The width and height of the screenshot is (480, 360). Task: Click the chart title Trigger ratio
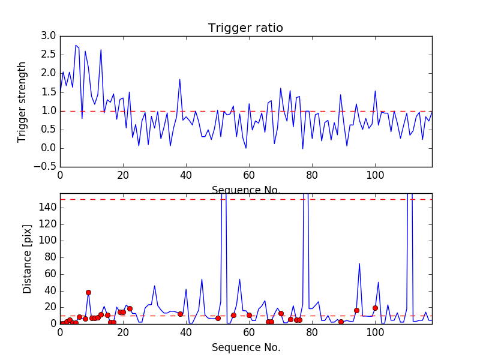coord(245,28)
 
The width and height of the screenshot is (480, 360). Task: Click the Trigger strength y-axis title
coord(22,101)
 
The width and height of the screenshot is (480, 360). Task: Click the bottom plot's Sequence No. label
coord(246,347)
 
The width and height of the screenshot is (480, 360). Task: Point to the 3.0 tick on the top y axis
coord(49,36)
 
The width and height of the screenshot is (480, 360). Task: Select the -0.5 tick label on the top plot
coord(46,167)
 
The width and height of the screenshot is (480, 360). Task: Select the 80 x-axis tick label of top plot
coord(312,175)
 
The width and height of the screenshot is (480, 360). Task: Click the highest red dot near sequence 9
coord(88,292)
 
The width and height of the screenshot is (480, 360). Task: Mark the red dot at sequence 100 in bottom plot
coord(375,308)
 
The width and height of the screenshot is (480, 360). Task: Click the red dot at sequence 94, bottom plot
coord(356,310)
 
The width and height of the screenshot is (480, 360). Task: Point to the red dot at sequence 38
coord(180,314)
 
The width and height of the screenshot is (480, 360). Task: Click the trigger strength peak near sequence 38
coord(179,79)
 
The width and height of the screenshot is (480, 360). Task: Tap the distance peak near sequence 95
coord(359,263)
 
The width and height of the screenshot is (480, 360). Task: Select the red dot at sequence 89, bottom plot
coord(341,322)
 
